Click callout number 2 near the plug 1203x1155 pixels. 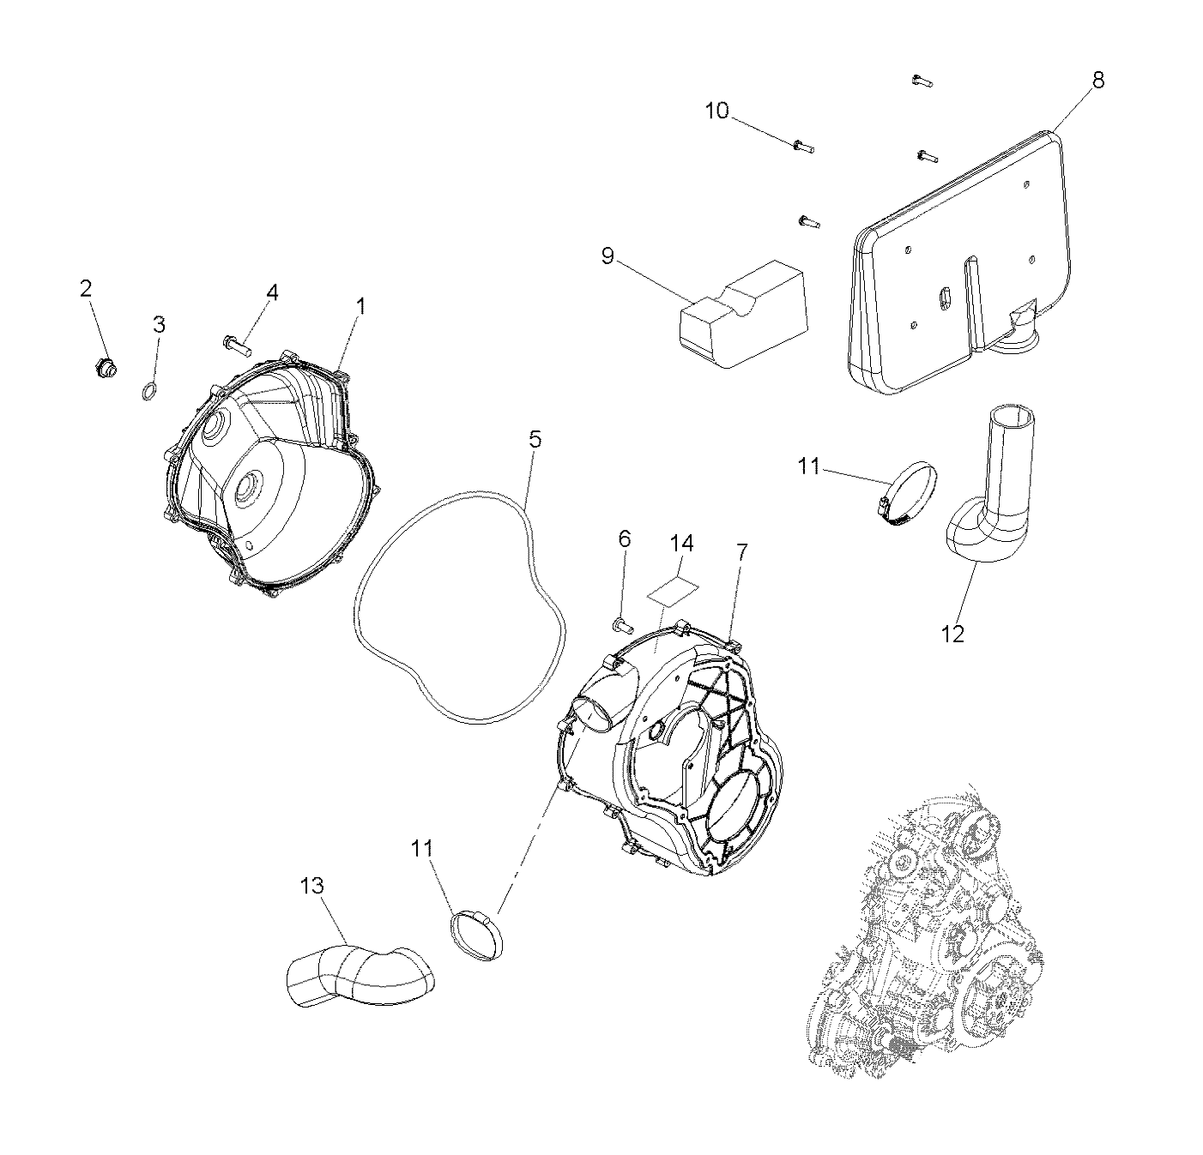85,289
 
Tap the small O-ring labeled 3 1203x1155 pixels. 148,393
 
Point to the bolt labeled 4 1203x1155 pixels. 235,346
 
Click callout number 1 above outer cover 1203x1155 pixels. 361,306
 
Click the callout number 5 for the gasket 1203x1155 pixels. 535,440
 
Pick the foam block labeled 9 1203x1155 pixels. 744,328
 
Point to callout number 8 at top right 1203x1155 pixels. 1098,80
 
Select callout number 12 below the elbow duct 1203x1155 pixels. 952,634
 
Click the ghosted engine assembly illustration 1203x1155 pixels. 927,935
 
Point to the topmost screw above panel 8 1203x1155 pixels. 920,81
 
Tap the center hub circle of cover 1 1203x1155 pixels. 248,491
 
